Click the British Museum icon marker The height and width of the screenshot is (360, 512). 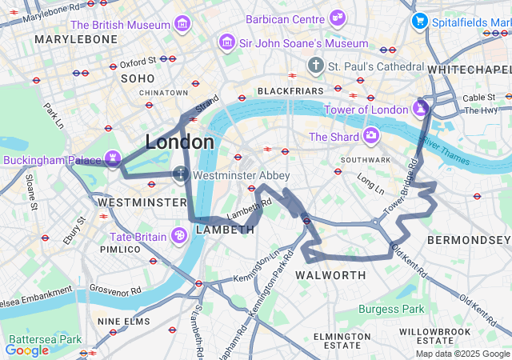[183, 24]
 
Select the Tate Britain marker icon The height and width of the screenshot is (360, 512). [180, 236]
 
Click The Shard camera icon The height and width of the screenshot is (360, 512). [371, 136]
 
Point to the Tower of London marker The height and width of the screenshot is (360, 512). [421, 108]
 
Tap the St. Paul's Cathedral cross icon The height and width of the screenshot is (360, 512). [317, 66]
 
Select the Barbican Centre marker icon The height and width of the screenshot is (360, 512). [338, 18]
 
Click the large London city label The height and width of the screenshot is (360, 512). [179, 142]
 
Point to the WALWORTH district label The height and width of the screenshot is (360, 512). [330, 275]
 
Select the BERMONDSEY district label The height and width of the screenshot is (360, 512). [468, 240]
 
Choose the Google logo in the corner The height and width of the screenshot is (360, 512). [26, 350]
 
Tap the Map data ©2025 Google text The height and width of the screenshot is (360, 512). [462, 354]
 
